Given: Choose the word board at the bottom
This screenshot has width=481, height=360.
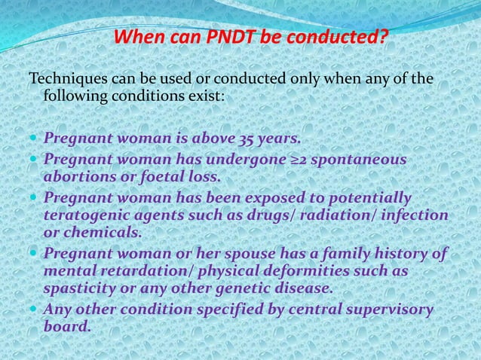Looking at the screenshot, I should click(x=67, y=326).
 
